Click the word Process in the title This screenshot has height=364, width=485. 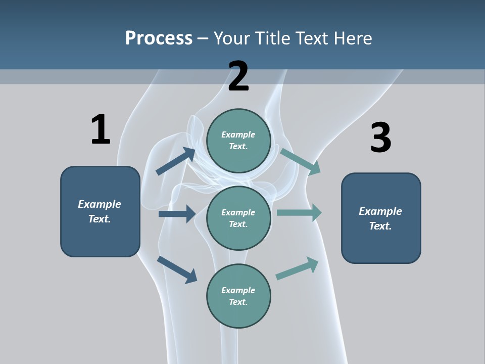coord(159,38)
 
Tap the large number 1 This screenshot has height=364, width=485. coord(100,129)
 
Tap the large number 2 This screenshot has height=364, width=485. coord(238,76)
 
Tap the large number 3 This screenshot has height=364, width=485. coord(380,138)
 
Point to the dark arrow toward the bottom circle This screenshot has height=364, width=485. coord(177,269)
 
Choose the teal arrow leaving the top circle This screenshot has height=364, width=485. coord(300,161)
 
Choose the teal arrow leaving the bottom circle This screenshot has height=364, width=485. coord(297,268)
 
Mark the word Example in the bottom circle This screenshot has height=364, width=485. coord(238,290)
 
